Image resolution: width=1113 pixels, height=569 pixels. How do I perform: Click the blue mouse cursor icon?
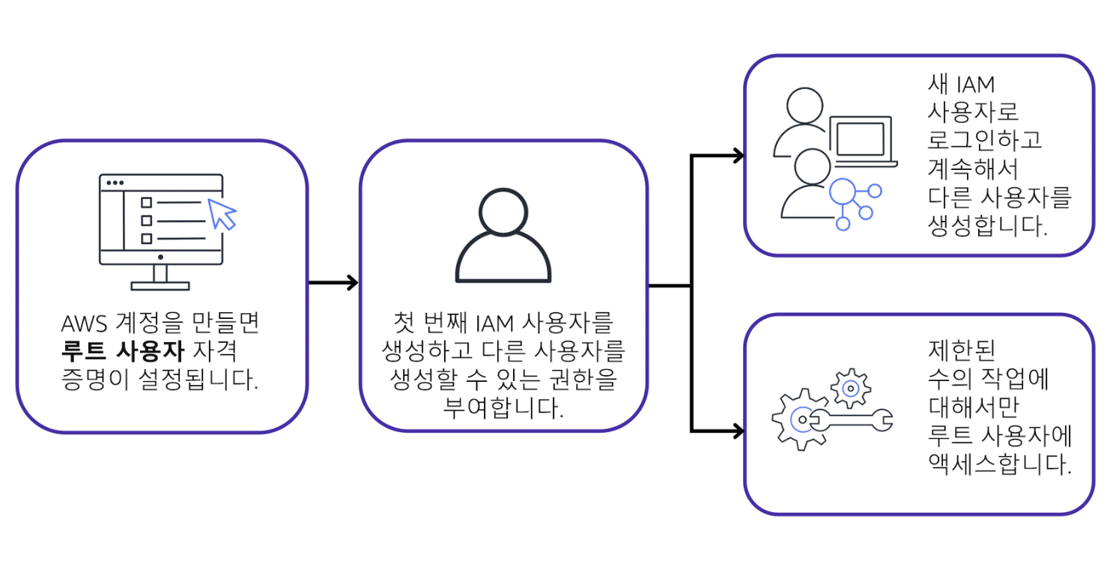click(222, 213)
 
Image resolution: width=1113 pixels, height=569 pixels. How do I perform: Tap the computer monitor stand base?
click(160, 285)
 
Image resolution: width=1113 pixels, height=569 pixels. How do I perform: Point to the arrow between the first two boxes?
click(333, 283)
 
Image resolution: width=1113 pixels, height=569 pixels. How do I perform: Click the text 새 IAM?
click(961, 85)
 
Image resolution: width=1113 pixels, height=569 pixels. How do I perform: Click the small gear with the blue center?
click(850, 388)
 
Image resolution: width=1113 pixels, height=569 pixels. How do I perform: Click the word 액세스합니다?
click(999, 463)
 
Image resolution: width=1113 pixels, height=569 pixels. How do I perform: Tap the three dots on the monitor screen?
click(115, 182)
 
